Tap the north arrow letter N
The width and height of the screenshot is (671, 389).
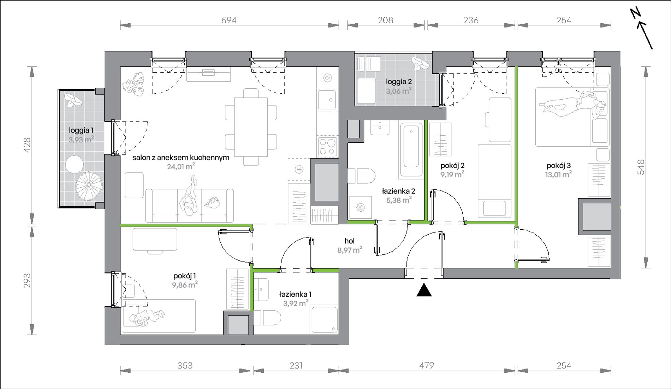pyautogui.click(x=636, y=23)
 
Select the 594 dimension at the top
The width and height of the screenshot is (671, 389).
pyautogui.click(x=229, y=20)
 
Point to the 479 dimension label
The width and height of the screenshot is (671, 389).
pyautogui.click(x=427, y=365)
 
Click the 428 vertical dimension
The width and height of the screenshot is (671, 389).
pyautogui.click(x=27, y=145)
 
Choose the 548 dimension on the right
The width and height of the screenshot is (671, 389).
pyautogui.click(x=641, y=167)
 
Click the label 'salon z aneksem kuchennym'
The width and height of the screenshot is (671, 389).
pyautogui.click(x=181, y=158)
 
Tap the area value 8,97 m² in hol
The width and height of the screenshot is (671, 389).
pyautogui.click(x=350, y=250)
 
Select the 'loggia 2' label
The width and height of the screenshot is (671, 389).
pyautogui.click(x=399, y=82)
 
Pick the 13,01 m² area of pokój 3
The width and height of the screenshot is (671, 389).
pyautogui.click(x=558, y=174)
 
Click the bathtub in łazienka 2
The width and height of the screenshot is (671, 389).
pyautogui.click(x=411, y=149)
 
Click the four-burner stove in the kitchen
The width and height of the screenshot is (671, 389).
pyautogui.click(x=328, y=147)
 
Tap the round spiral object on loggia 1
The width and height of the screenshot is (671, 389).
pyautogui.click(x=89, y=186)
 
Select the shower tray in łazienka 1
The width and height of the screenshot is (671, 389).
pyautogui.click(x=324, y=320)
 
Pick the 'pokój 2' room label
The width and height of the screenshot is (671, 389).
pyautogui.click(x=452, y=165)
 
